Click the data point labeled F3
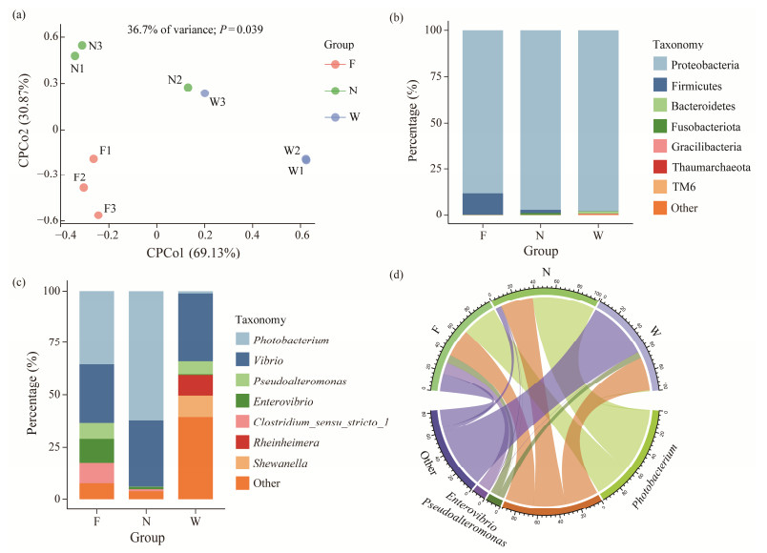(98, 215)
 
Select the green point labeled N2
(188, 88)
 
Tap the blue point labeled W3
(204, 93)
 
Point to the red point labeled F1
(93, 158)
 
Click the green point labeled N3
(82, 45)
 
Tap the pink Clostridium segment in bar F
(96, 473)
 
